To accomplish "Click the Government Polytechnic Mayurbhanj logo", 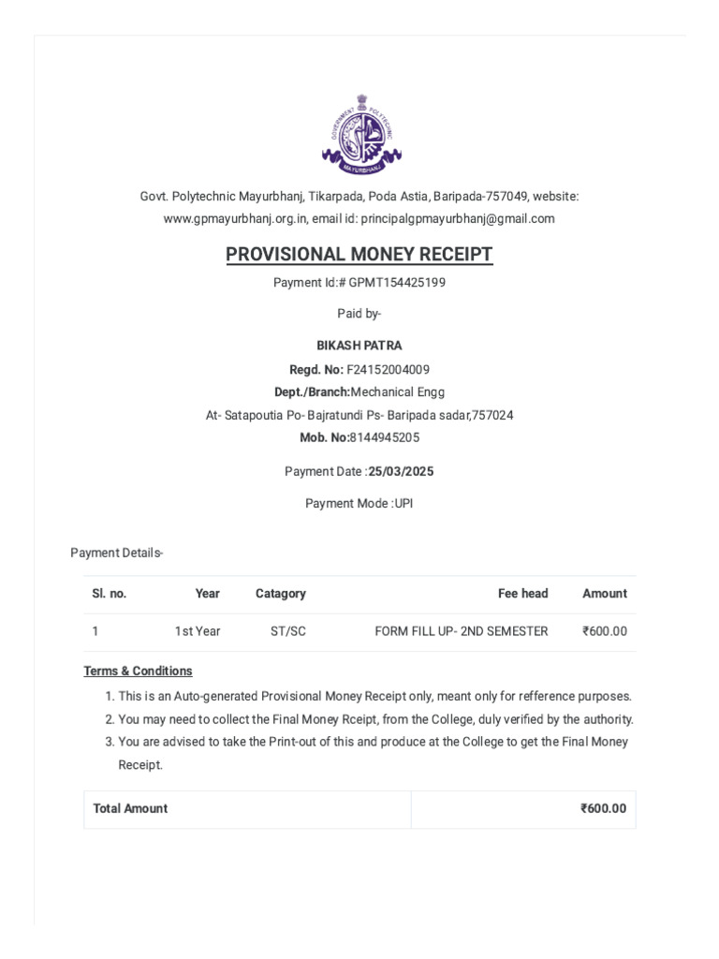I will (359, 134).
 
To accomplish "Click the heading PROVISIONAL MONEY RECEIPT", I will (359, 255).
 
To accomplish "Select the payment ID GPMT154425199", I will (392, 283).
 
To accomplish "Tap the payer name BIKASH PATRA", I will (359, 346).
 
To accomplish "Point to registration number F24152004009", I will (389, 370).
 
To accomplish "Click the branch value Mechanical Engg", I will (398, 392).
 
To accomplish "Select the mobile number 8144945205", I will (384, 437).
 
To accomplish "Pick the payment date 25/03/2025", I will (401, 472).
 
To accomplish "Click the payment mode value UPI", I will (404, 504).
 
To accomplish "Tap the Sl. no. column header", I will (109, 594).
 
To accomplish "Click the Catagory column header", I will (281, 594).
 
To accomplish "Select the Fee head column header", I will (522, 594).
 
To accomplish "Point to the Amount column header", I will (605, 594).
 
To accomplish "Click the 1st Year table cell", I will (198, 632).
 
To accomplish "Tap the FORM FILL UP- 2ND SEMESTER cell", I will (462, 632).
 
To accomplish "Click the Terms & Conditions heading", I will (138, 671).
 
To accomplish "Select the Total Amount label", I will (130, 809).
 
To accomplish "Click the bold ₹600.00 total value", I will (603, 809).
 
